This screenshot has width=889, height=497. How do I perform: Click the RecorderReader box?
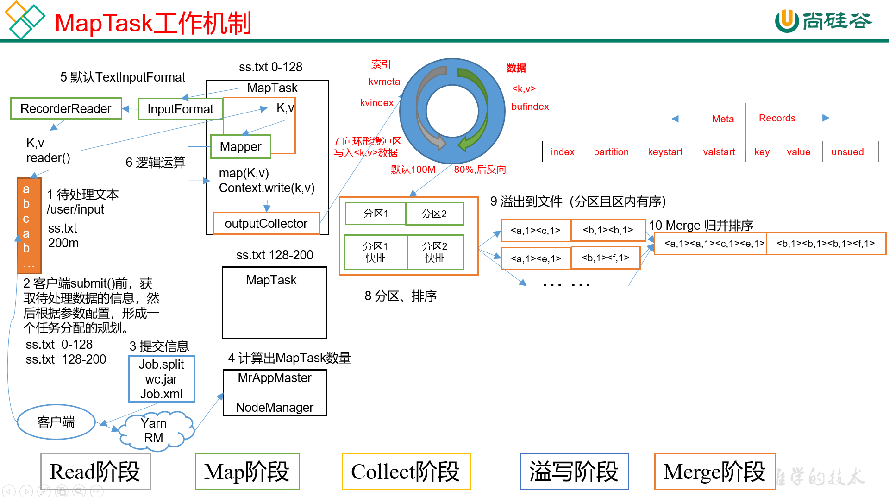pyautogui.click(x=66, y=108)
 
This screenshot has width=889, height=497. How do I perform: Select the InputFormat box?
pyautogui.click(x=180, y=109)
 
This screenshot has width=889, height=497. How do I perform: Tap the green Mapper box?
pyautogui.click(x=240, y=146)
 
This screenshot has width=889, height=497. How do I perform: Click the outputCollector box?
pyautogui.click(x=266, y=223)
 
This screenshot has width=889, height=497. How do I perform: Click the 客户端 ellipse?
pyautogui.click(x=56, y=422)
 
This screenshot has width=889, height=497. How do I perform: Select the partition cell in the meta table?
pyautogui.click(x=611, y=152)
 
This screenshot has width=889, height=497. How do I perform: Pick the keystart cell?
pyautogui.click(x=665, y=152)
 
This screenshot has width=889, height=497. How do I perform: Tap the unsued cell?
pyautogui.click(x=847, y=152)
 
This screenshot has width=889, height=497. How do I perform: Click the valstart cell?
pyautogui.click(x=719, y=152)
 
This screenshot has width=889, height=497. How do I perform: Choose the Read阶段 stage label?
pyautogui.click(x=95, y=472)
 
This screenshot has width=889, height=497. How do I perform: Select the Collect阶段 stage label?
pyautogui.click(x=406, y=472)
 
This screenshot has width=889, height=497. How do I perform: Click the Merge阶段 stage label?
pyautogui.click(x=714, y=472)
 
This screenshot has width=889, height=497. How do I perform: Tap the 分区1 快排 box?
pyautogui.click(x=376, y=252)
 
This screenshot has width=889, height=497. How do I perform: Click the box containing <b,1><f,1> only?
pyautogui.click(x=606, y=258)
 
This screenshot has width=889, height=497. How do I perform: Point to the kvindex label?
pyautogui.click(x=377, y=103)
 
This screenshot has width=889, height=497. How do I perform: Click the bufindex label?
pyautogui.click(x=530, y=107)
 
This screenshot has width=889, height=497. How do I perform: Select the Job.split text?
pyautogui.click(x=161, y=365)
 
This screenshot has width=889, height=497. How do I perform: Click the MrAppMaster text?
pyautogui.click(x=275, y=378)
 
